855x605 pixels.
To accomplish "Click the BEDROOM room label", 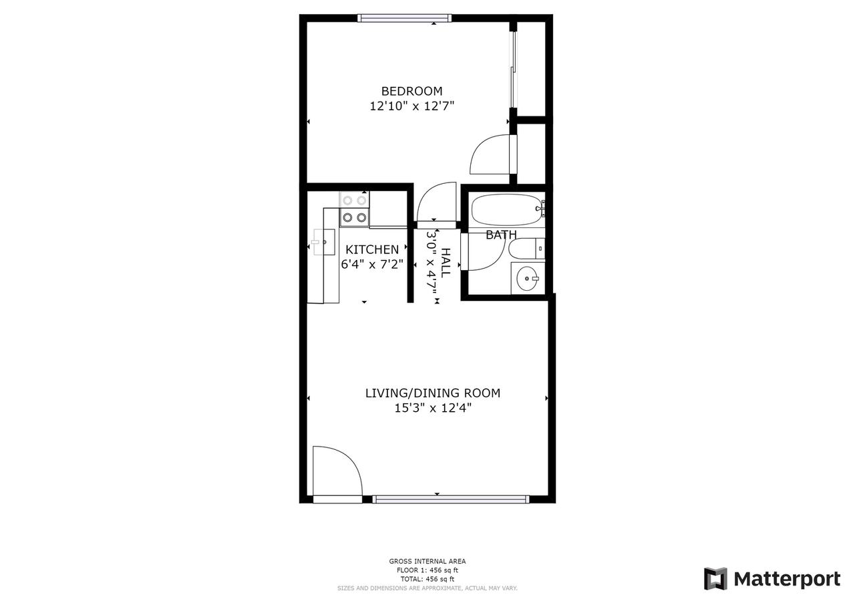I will (x=411, y=91).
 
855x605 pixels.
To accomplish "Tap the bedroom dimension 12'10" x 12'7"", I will (x=411, y=106).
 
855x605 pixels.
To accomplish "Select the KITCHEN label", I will (x=372, y=249).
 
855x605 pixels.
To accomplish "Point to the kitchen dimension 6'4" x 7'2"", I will (x=372, y=264).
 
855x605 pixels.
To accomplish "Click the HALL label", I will (x=446, y=263).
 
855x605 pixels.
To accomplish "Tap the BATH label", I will (x=501, y=235).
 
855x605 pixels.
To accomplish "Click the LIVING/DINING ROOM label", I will (x=432, y=393).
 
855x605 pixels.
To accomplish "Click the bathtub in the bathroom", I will (x=506, y=210).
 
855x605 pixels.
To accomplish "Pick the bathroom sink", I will (x=528, y=278).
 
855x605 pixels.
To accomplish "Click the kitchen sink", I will (x=324, y=242).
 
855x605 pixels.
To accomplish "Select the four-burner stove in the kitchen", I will (x=354, y=209).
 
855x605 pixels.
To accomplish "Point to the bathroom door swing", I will (x=486, y=252).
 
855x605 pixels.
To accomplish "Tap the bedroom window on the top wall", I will (x=404, y=18).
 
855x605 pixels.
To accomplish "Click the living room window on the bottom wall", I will (x=450, y=499).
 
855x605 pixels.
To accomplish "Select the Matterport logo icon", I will (x=715, y=578).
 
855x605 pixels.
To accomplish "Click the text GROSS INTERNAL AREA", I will (x=427, y=562).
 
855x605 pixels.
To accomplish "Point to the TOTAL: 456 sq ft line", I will (x=427, y=579).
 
